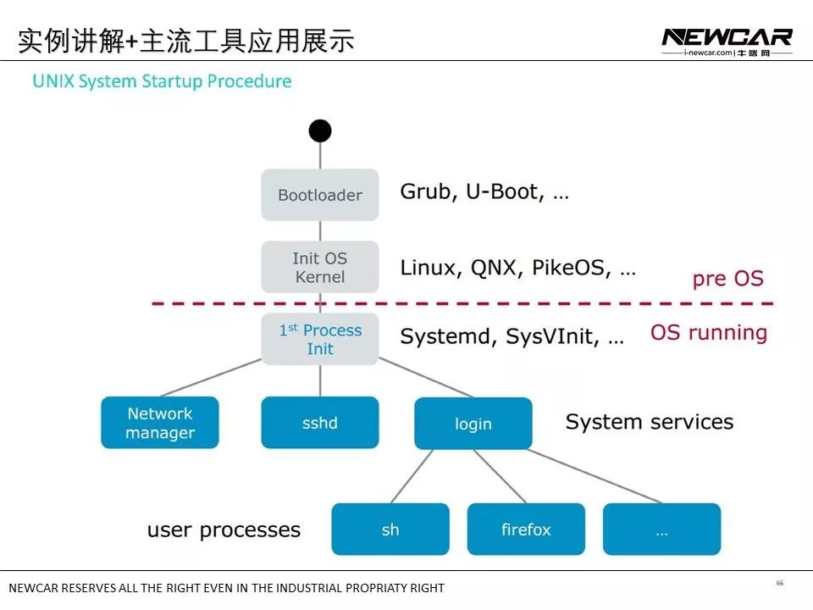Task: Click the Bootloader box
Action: (x=319, y=195)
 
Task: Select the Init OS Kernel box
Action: (x=319, y=267)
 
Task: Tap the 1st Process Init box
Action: (x=319, y=339)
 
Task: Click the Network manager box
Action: (x=159, y=423)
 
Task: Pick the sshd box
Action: (x=319, y=423)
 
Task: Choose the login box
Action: (x=473, y=424)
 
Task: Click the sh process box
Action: (x=390, y=530)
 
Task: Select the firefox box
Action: (x=525, y=530)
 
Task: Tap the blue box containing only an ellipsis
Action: (x=661, y=530)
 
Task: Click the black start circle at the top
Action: (x=319, y=130)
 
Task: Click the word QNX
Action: (x=492, y=269)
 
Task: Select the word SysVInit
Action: (x=551, y=337)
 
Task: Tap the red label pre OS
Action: (x=727, y=278)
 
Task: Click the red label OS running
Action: (x=708, y=333)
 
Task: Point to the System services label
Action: (x=649, y=422)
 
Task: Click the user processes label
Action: (x=224, y=530)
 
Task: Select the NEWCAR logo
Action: (x=726, y=37)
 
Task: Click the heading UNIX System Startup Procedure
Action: (x=162, y=81)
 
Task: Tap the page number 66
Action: (x=779, y=583)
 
